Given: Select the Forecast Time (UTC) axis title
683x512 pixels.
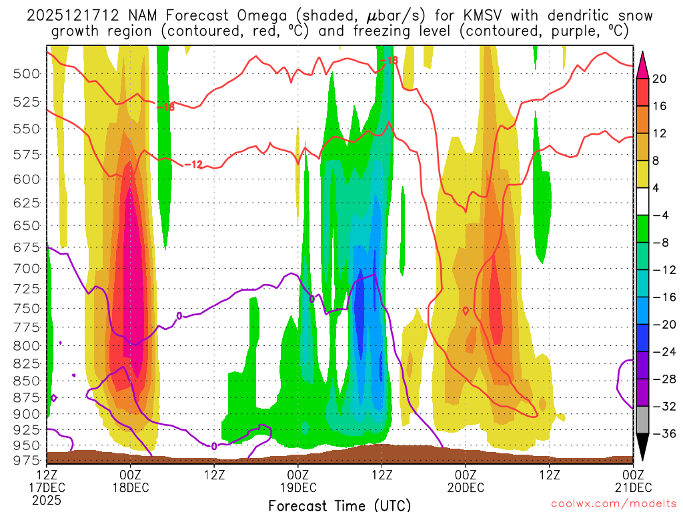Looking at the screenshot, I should tap(339, 505).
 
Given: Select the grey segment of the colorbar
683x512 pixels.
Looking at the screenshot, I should tap(643, 420).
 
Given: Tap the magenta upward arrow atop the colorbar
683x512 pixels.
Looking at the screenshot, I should tap(643, 65).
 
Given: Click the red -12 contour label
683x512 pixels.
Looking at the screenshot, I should tap(193, 164).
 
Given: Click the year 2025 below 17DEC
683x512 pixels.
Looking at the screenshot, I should tap(47, 499).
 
